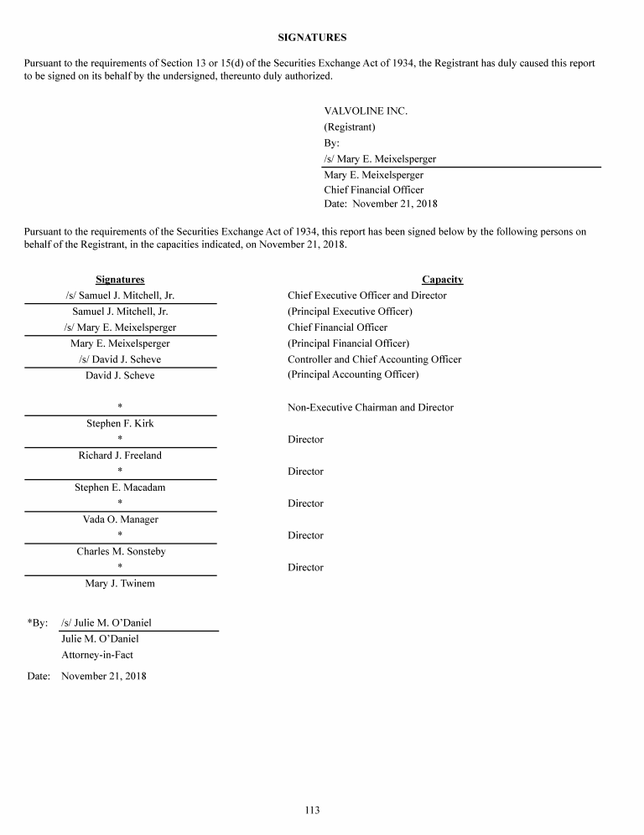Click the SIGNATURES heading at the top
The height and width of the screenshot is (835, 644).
pyautogui.click(x=312, y=38)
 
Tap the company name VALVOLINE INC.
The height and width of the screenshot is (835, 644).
pyautogui.click(x=366, y=111)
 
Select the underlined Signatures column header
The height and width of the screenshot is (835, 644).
pyautogui.click(x=120, y=280)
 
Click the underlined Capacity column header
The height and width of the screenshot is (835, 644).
pyautogui.click(x=442, y=280)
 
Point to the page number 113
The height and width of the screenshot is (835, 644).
pyautogui.click(x=312, y=810)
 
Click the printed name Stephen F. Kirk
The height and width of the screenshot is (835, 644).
pyautogui.click(x=120, y=424)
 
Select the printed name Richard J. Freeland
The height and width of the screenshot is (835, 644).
pyautogui.click(x=120, y=456)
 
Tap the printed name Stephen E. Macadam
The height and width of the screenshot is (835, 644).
pyautogui.click(x=120, y=487)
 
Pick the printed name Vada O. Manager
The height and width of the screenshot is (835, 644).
pyautogui.click(x=120, y=519)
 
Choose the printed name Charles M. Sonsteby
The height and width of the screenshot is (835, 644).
pyautogui.click(x=120, y=551)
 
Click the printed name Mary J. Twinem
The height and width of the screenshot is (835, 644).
pyautogui.click(x=120, y=583)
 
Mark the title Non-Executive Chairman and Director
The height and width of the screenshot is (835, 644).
pyautogui.click(x=370, y=408)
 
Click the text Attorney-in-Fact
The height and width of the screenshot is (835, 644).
pyautogui.click(x=97, y=655)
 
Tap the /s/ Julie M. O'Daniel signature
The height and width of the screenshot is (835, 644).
pyautogui.click(x=106, y=623)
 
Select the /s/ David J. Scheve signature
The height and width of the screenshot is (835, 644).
pyautogui.click(x=120, y=359)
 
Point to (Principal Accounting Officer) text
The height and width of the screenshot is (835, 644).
pyautogui.click(x=353, y=375)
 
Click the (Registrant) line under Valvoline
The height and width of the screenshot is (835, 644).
pyautogui.click(x=350, y=127)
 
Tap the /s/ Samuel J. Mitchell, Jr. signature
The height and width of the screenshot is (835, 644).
pyautogui.click(x=120, y=296)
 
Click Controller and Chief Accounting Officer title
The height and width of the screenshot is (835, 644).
pyautogui.click(x=374, y=359)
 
